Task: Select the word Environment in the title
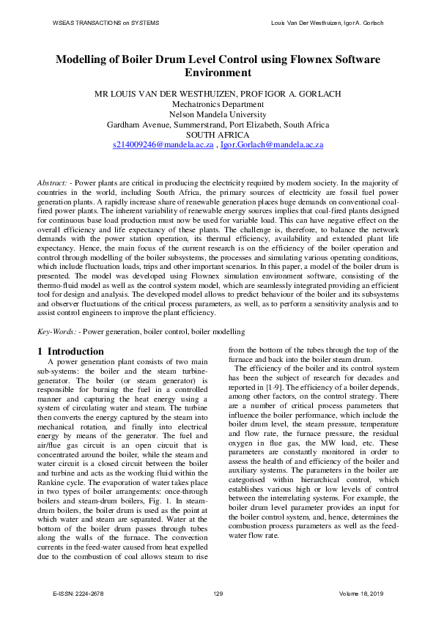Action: (x=218, y=73)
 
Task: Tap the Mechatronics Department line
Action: (x=218, y=104)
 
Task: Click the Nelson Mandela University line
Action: (x=218, y=114)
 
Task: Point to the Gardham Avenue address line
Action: (x=218, y=125)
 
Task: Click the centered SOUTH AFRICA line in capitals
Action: (x=218, y=135)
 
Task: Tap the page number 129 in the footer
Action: (x=218, y=593)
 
